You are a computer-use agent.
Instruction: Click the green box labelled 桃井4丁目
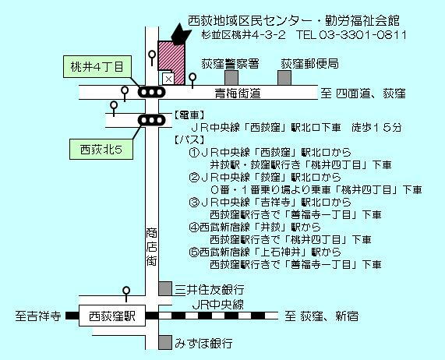[x=97, y=67]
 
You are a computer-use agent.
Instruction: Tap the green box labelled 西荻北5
[x=101, y=149]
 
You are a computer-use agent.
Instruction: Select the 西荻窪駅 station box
[x=112, y=316]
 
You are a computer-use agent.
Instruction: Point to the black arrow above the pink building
[x=180, y=34]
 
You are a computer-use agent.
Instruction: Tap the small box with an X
[x=168, y=79]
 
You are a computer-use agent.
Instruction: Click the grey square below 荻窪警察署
[x=231, y=78]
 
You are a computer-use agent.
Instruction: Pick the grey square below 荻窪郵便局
[x=284, y=78]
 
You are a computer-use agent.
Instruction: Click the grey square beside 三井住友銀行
[x=165, y=288]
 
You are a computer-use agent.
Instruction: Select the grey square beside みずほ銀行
[x=165, y=342]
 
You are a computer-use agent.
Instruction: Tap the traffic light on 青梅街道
[x=151, y=92]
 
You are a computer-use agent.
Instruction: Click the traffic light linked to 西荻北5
[x=151, y=120]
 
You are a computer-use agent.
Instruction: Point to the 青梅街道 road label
[x=238, y=94]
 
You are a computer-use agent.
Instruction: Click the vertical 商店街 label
[x=151, y=247]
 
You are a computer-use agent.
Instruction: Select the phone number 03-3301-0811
[x=363, y=35]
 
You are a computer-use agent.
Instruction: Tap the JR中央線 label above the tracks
[x=217, y=305]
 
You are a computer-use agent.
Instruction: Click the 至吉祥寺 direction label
[x=38, y=316]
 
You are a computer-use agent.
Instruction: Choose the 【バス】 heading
[x=189, y=139]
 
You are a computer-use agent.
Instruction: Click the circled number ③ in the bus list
[x=194, y=203]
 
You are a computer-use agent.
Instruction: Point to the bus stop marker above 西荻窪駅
[x=126, y=295]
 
